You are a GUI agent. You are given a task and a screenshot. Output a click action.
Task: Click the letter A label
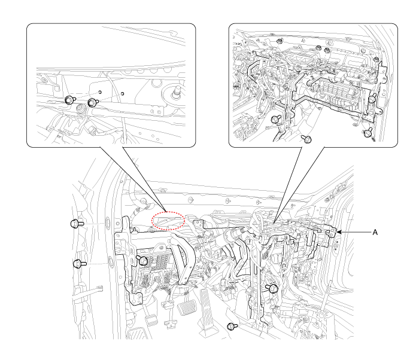coord(375,233)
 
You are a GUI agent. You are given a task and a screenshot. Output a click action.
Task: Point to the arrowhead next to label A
coord(339,232)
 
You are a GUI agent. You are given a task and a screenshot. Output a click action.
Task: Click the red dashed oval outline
coord(168,221)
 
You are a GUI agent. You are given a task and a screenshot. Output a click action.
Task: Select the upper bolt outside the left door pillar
coord(77,223)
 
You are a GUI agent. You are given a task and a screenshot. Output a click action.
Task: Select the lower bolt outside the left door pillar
coord(80,264)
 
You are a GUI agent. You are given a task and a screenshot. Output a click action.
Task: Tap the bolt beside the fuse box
coord(142,260)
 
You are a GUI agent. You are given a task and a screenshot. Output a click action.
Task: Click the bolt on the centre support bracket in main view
coord(272,288)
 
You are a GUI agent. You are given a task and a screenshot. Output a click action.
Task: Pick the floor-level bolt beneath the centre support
coord(232,327)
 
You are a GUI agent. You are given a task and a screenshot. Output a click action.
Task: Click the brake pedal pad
coord(187,307)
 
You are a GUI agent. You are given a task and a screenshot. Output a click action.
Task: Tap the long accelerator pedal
coord(208,303)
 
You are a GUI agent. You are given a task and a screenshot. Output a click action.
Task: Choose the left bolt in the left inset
coord(70,100)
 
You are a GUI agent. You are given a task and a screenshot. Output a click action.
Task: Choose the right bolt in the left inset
coord(93,102)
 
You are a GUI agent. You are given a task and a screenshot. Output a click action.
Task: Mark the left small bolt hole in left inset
coord(100,92)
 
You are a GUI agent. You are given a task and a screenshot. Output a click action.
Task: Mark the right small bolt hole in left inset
coord(122,94)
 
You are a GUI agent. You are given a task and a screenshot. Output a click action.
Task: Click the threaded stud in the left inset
coord(177,91)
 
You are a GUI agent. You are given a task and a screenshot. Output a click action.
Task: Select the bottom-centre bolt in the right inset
coord(306,139)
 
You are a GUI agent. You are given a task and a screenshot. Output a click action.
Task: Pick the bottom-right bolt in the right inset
coord(369,132)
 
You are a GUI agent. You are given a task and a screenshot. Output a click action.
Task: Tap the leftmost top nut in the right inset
coord(280,41)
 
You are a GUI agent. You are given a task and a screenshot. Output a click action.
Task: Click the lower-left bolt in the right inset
coord(276,119)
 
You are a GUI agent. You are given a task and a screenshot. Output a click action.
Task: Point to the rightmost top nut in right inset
coord(376,60)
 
